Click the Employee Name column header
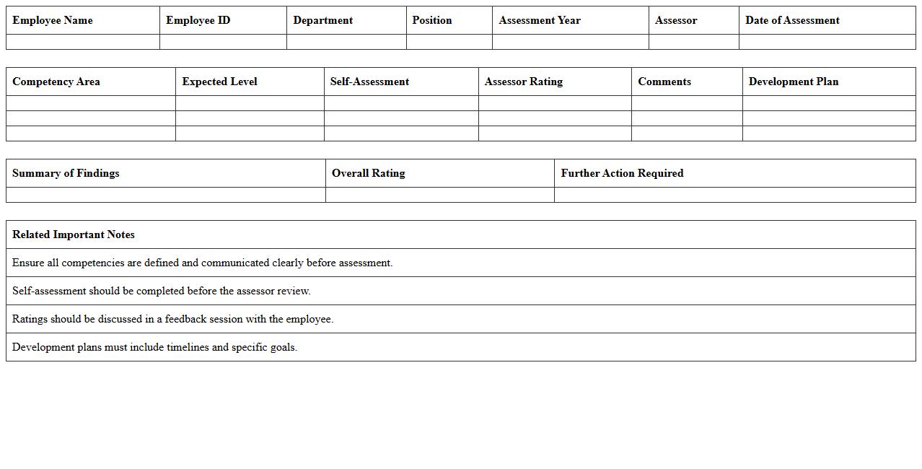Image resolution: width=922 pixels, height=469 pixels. click(53, 20)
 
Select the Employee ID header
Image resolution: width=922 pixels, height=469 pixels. click(198, 20)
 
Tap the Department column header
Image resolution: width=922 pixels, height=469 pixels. click(323, 20)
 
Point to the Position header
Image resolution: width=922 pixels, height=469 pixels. click(432, 20)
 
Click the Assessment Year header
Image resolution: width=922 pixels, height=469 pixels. click(540, 20)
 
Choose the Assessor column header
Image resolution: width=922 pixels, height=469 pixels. click(676, 20)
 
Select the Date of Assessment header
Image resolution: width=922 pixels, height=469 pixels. click(792, 20)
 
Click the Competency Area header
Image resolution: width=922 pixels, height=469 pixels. click(56, 82)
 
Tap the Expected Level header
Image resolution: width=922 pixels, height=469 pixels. click(219, 82)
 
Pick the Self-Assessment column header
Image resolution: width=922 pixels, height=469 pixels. click(369, 82)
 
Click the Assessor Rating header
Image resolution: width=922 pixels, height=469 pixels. click(524, 82)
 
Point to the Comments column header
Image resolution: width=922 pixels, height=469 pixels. click(664, 82)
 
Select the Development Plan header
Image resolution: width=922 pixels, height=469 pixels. click(794, 82)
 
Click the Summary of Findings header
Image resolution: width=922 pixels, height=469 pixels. click(66, 173)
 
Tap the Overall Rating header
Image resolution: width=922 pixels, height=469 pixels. click(369, 173)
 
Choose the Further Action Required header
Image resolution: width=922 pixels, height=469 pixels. click(622, 173)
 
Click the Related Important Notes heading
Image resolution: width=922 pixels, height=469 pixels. click(74, 234)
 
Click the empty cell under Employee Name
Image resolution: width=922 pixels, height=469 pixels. click(83, 42)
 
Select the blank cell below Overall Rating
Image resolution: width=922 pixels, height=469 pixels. click(440, 195)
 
